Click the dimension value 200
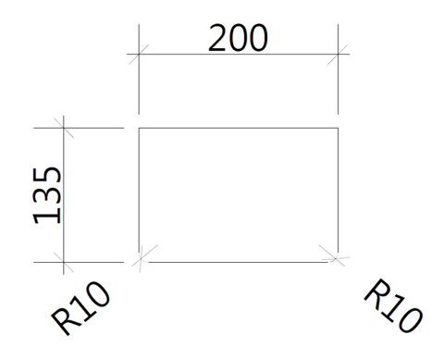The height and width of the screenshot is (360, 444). pyautogui.click(x=238, y=38)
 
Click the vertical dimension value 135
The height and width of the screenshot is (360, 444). pyautogui.click(x=47, y=195)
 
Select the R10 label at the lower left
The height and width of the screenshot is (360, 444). pyautogui.click(x=80, y=307)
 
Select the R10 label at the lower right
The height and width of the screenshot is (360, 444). pyautogui.click(x=393, y=305)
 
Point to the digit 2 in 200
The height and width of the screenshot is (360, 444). pyautogui.click(x=218, y=38)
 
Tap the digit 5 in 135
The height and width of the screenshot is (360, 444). pyautogui.click(x=47, y=177)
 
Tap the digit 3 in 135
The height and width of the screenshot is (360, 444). pyautogui.click(x=47, y=197)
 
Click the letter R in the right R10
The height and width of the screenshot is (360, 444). pyautogui.click(x=376, y=292)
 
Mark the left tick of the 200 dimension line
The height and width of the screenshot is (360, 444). pyautogui.click(x=139, y=55)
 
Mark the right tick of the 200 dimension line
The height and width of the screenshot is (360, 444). pyautogui.click(x=338, y=55)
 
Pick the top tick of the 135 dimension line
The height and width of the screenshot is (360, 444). pyautogui.click(x=64, y=128)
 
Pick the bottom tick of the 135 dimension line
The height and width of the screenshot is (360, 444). pyautogui.click(x=64, y=262)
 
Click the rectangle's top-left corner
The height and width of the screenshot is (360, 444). pyautogui.click(x=139, y=128)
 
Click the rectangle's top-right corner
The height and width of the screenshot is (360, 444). pyautogui.click(x=338, y=128)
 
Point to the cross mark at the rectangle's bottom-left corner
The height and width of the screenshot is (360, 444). pyautogui.click(x=142, y=258)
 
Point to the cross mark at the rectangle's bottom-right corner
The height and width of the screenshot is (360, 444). pyautogui.click(x=335, y=258)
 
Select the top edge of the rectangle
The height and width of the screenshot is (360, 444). pyautogui.click(x=239, y=128)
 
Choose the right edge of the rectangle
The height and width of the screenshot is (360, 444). pyautogui.click(x=338, y=191)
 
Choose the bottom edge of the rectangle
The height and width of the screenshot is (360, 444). pyautogui.click(x=239, y=262)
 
